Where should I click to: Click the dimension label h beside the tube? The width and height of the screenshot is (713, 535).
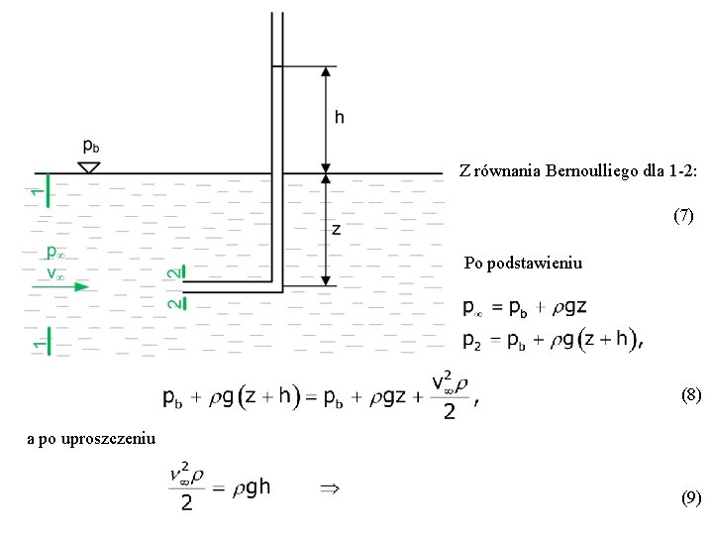(x=339, y=118)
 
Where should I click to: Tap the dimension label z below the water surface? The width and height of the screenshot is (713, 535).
(x=337, y=230)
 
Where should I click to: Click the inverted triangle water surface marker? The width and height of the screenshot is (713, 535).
(x=89, y=167)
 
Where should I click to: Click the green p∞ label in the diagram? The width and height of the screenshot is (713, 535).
(x=55, y=254)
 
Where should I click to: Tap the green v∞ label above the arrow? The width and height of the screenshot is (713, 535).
(x=55, y=272)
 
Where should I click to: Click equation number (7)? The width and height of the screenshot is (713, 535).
(x=684, y=214)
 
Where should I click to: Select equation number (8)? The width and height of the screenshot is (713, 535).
(x=691, y=395)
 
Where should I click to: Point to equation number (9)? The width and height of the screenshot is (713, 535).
(x=691, y=498)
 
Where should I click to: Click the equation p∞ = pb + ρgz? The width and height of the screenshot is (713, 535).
(x=540, y=307)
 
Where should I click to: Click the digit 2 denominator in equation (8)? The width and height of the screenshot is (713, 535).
(x=450, y=411)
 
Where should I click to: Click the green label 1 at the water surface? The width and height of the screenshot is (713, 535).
(x=37, y=189)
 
